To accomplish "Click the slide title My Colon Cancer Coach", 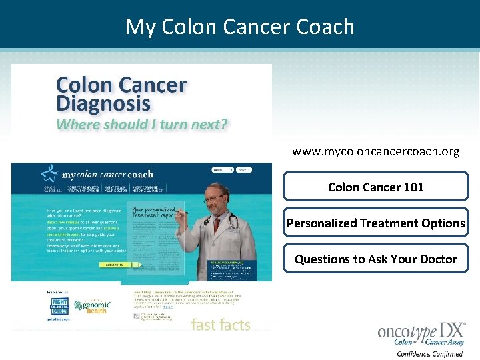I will click(x=240, y=27).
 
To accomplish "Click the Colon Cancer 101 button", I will click(x=375, y=187).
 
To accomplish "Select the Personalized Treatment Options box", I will click(x=375, y=223).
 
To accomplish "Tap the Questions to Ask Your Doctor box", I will click(x=375, y=259).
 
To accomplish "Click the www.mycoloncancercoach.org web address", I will click(x=375, y=151).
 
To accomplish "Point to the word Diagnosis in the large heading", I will click(x=103, y=105).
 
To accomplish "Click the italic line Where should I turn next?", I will click(x=142, y=124).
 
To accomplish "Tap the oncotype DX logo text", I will click(x=420, y=331).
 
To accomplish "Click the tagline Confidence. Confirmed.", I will click(x=431, y=353).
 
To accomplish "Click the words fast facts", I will click(x=221, y=325).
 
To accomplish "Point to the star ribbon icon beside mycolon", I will click(x=49, y=173).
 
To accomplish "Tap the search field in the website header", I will click(x=221, y=169).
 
